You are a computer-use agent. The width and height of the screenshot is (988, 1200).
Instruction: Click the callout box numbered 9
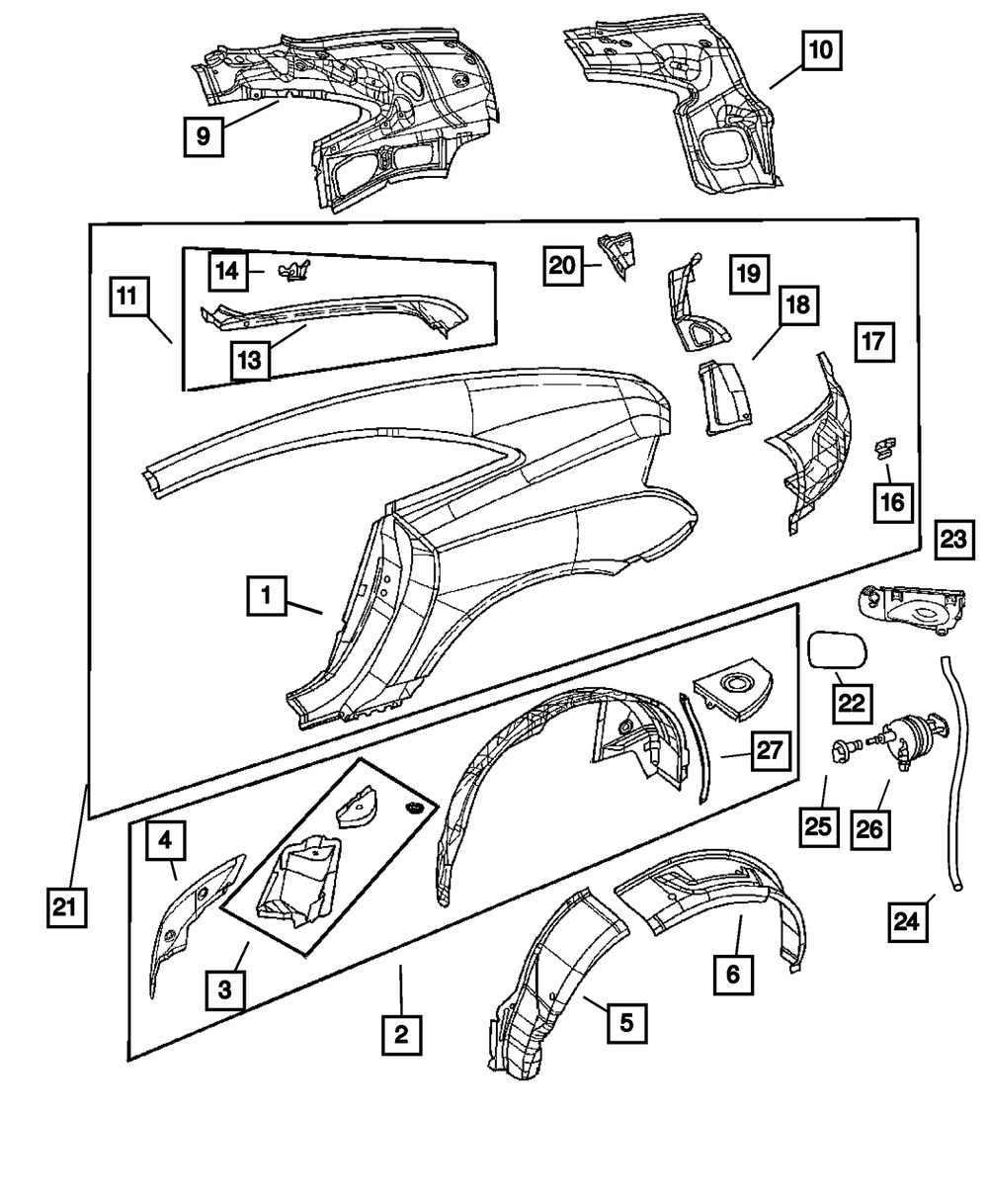click(203, 135)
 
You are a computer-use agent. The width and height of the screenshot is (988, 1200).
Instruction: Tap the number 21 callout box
click(65, 907)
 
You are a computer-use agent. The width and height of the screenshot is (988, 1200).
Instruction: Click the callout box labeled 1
click(267, 596)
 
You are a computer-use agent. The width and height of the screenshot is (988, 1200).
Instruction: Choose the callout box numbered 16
click(892, 501)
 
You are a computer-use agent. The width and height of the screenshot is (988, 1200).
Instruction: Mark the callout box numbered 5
click(626, 1019)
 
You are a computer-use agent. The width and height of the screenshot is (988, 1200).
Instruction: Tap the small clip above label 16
click(882, 449)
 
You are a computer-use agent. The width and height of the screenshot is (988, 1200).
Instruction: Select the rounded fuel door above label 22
click(837, 652)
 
